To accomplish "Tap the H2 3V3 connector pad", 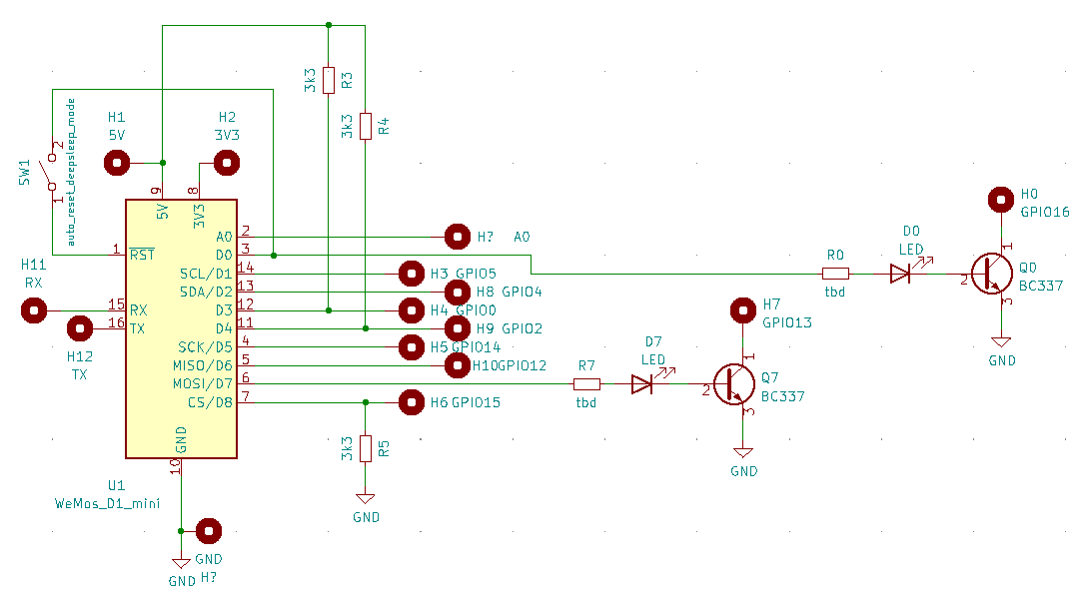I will click(227, 163).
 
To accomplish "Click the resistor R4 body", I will click(366, 126).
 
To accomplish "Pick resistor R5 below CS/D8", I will click(366, 448).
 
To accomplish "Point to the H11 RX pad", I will click(35, 310).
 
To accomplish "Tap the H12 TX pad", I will click(79, 328).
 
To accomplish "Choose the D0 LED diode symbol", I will click(901, 273).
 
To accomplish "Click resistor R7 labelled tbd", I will click(586, 384).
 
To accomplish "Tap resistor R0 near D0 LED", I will click(835, 273).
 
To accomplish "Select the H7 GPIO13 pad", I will click(742, 310).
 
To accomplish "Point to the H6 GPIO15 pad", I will click(411, 402).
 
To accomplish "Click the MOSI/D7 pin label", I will click(204, 384).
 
